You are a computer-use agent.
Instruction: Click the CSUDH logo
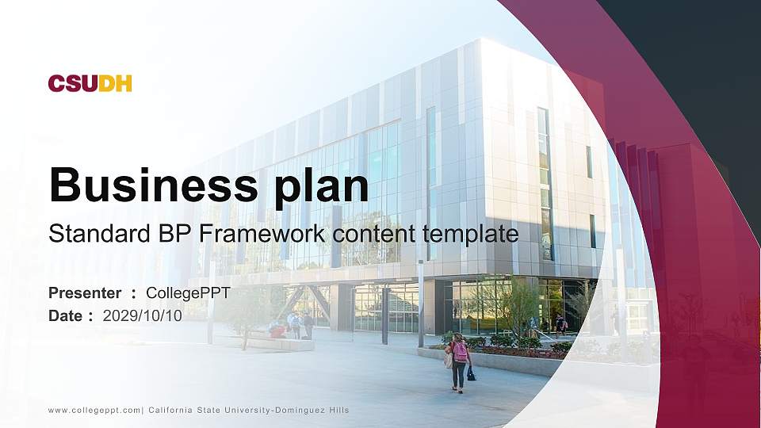(90, 83)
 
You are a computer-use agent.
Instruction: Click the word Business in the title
(154, 185)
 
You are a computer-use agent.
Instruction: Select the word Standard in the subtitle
(100, 233)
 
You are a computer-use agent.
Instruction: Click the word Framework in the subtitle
(262, 233)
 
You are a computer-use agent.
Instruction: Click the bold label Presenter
(85, 293)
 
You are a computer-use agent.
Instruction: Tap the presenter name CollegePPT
(188, 293)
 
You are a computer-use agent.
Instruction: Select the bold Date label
(65, 316)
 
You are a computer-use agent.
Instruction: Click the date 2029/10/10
(142, 316)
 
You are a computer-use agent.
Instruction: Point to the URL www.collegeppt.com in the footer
(94, 411)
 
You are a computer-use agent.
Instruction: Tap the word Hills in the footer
(338, 410)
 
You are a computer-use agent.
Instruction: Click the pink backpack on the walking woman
(460, 352)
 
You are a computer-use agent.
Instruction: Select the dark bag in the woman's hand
(471, 373)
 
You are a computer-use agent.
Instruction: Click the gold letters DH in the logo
(115, 83)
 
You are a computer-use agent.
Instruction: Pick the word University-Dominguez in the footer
(274, 411)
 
